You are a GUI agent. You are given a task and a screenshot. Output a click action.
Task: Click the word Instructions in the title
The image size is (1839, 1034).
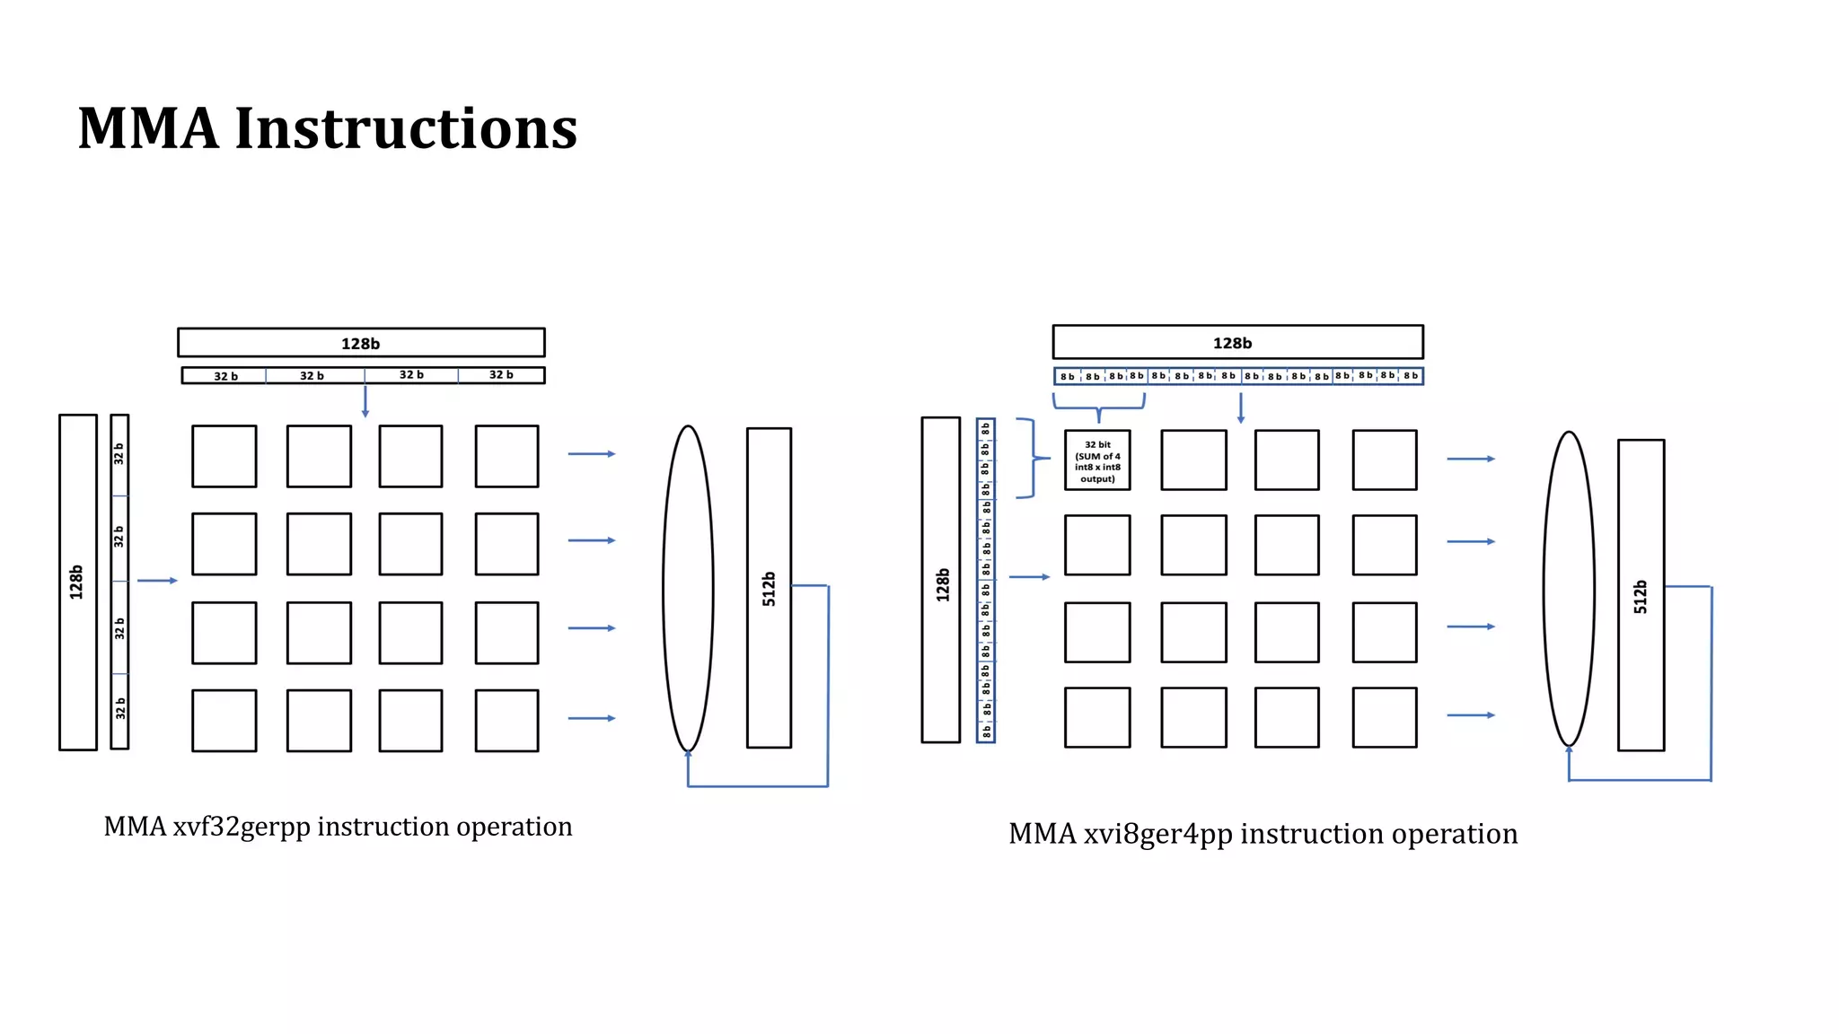click(406, 128)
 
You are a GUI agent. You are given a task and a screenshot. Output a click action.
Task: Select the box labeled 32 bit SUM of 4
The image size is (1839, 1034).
click(1097, 460)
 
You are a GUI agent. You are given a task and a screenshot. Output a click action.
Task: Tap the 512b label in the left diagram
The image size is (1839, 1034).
click(769, 588)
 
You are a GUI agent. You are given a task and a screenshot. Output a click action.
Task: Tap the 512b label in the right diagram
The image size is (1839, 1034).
click(1641, 596)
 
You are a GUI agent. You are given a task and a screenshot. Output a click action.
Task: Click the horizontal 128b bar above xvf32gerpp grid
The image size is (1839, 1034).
click(361, 343)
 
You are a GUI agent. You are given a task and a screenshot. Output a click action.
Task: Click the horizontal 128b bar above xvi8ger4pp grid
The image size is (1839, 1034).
click(1237, 343)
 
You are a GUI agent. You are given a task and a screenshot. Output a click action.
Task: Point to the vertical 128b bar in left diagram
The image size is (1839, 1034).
click(77, 582)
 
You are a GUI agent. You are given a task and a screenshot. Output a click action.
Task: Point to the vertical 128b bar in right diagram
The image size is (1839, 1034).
click(941, 580)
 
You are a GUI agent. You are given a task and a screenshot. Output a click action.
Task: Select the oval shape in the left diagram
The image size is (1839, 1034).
click(688, 588)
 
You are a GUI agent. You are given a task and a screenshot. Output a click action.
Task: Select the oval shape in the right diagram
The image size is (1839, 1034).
click(1569, 589)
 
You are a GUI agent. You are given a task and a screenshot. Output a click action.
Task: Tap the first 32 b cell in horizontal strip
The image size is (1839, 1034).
click(224, 376)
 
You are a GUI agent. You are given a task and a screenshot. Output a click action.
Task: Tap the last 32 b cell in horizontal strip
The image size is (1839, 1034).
click(501, 375)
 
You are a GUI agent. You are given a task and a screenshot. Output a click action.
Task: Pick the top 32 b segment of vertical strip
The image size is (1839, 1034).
click(119, 454)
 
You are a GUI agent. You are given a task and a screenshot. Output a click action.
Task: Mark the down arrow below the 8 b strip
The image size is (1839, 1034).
click(1241, 408)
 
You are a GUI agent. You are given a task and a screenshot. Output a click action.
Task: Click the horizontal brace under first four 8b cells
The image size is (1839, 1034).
click(1098, 409)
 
